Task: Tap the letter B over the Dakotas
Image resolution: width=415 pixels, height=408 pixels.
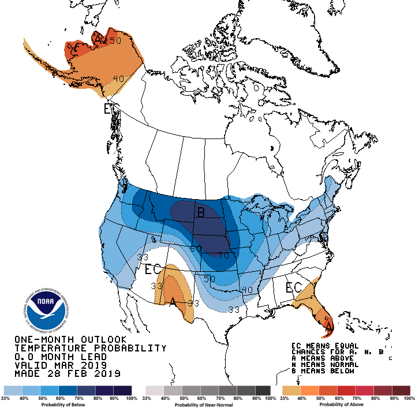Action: (201, 214)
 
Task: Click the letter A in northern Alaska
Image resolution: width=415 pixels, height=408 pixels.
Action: (99, 39)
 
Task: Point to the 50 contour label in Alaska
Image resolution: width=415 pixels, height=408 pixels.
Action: (115, 41)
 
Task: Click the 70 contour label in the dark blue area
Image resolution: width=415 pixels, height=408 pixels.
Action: (223, 254)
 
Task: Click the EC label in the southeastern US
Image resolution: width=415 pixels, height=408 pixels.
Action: (294, 287)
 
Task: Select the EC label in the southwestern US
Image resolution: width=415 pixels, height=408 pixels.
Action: (152, 269)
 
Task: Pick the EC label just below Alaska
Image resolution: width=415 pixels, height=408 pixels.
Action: (110, 109)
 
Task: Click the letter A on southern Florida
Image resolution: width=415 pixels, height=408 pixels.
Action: (329, 327)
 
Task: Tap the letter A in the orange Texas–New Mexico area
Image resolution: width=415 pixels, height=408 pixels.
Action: (172, 301)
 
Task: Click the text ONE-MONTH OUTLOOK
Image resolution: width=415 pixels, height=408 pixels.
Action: (70, 340)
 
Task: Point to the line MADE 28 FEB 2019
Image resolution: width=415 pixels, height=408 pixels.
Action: (67, 373)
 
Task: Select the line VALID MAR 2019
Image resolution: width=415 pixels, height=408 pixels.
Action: (61, 365)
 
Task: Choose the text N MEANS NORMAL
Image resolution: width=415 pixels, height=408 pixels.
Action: (324, 365)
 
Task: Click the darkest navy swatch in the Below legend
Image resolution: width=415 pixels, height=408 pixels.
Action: (124, 390)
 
